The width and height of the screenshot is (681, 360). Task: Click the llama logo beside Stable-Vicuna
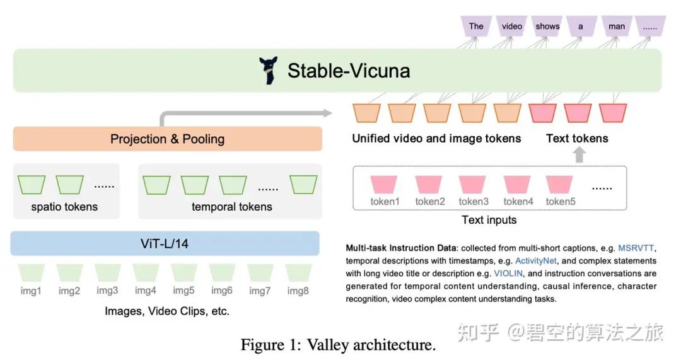(x=269, y=71)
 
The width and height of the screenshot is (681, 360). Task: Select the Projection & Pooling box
(x=167, y=139)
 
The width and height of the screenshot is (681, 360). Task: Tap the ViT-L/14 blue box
(x=165, y=243)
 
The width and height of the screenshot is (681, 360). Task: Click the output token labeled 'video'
(x=511, y=26)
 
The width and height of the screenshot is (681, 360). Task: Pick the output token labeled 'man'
(x=616, y=26)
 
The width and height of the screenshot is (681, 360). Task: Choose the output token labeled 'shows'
(x=547, y=26)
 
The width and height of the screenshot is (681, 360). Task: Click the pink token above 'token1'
(x=385, y=184)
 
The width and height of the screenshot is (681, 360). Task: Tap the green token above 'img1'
(x=31, y=272)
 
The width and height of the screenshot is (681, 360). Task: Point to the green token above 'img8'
(x=298, y=272)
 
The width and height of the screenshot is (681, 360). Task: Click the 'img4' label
(x=145, y=291)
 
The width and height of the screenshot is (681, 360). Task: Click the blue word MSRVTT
(x=637, y=248)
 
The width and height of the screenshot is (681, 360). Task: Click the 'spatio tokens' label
(x=64, y=207)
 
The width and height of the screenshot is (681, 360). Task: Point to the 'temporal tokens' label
(x=231, y=207)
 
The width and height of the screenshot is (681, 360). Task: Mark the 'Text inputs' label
(x=489, y=220)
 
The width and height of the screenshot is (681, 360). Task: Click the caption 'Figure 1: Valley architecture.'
(x=338, y=345)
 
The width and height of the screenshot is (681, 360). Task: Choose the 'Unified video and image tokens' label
(x=436, y=139)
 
